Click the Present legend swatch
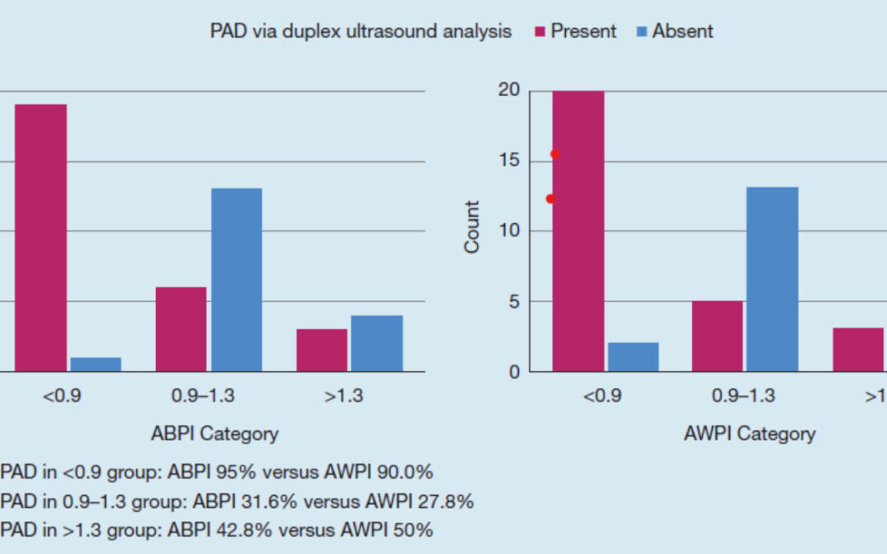540,32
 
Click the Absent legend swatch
641,32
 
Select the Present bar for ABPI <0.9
39,237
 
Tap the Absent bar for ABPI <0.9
95,364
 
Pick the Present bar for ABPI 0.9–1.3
181,329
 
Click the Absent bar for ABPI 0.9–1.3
237,280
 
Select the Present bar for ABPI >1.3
322,350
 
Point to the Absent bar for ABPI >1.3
376,343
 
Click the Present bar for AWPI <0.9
578,231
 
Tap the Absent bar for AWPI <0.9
633,357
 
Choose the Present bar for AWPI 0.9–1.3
717,336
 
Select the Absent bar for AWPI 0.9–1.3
773,279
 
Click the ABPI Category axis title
214,433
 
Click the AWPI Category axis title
750,433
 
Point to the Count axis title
472,227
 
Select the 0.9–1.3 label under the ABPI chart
203,396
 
